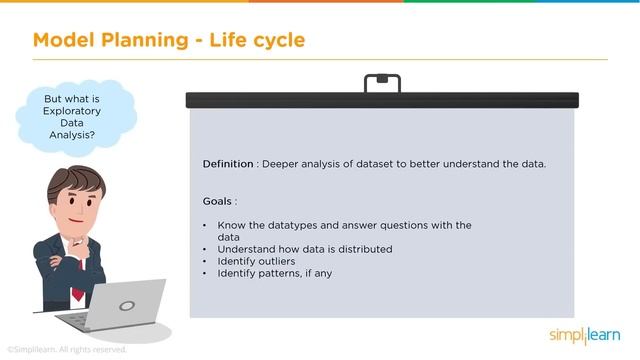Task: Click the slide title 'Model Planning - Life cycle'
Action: [169, 40]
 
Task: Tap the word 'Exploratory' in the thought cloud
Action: [69, 113]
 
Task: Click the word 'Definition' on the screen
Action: [228, 163]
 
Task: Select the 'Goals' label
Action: [220, 201]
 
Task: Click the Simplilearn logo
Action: [584, 334]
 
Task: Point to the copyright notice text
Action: [67, 350]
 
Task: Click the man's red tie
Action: [76, 271]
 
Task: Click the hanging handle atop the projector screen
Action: [381, 83]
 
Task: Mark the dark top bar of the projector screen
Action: [381, 100]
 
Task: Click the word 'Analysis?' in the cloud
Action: [69, 135]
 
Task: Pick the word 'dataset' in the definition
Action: [366, 163]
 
